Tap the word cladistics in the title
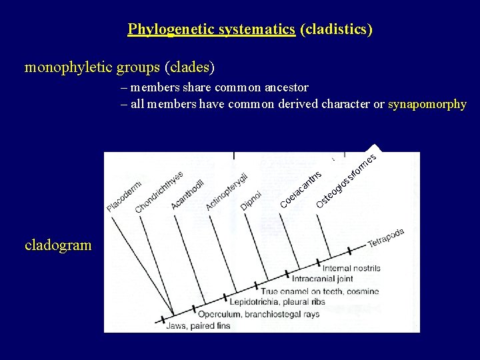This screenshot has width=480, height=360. (337, 29)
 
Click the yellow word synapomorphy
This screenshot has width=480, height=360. (427, 104)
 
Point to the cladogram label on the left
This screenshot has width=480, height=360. (58, 245)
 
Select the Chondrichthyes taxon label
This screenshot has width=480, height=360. (159, 192)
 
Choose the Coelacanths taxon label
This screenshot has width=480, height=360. (301, 189)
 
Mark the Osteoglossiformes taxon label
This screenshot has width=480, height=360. (347, 179)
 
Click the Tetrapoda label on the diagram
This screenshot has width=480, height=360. (386, 238)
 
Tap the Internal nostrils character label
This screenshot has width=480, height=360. (351, 268)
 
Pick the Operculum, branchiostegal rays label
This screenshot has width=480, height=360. (259, 314)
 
